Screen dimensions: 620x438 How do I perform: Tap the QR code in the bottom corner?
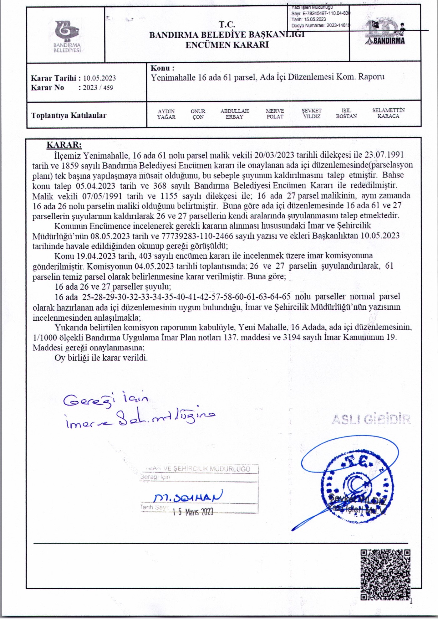pos(385,574)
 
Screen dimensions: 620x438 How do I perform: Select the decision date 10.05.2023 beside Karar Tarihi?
pos(99,78)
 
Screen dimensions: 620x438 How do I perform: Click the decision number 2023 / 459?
pos(98,88)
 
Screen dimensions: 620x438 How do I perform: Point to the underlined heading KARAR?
pos(64,145)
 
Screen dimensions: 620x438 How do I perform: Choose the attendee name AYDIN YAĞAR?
pos(166,114)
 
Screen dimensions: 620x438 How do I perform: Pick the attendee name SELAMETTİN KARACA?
pos(388,113)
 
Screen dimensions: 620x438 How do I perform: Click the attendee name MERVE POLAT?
pos(275,114)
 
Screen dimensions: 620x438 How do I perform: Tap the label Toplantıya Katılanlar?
pos(69,115)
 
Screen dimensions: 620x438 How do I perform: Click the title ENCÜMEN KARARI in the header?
pos(227,44)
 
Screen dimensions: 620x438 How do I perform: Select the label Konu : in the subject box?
pos(162,68)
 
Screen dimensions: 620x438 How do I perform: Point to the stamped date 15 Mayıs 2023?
pos(193,512)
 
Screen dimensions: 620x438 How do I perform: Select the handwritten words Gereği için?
pos(106,399)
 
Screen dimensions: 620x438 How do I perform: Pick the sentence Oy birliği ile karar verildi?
pos(101,358)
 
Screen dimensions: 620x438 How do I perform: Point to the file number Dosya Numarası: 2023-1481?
pos(320,25)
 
